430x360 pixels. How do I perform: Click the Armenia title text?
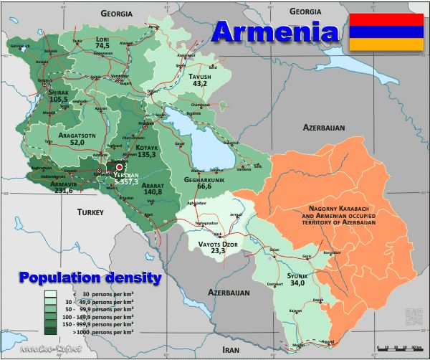pos(276,32)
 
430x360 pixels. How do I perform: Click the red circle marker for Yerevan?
pos(120,168)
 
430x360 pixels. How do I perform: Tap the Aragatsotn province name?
pos(77,134)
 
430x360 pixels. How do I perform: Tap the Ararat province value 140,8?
pos(154,192)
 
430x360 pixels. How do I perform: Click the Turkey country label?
pos(91,212)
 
